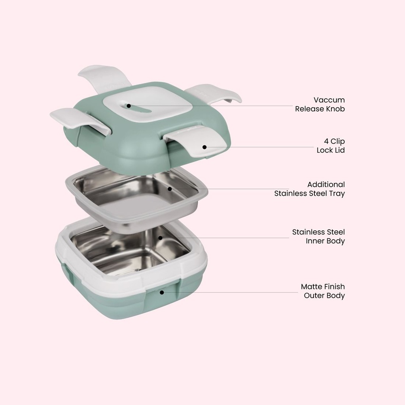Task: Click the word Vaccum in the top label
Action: (329, 100)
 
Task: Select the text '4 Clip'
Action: (334, 141)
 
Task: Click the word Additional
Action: (326, 184)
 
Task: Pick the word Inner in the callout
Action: (315, 241)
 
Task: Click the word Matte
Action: (312, 286)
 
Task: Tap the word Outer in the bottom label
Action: (314, 295)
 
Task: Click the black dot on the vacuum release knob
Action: (129, 106)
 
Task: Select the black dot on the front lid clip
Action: (204, 147)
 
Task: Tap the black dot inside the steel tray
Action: (170, 189)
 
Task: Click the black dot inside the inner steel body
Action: (160, 238)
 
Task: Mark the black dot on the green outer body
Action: (162, 292)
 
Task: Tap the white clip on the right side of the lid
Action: (216, 94)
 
